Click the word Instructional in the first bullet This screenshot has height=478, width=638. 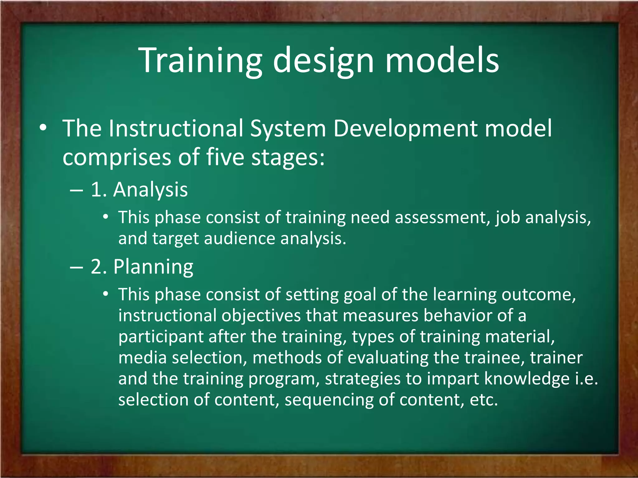(176, 128)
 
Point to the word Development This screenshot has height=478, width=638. (405, 129)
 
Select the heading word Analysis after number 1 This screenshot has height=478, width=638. (150, 190)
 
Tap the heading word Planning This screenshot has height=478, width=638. (153, 267)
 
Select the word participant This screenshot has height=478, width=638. (161, 337)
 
